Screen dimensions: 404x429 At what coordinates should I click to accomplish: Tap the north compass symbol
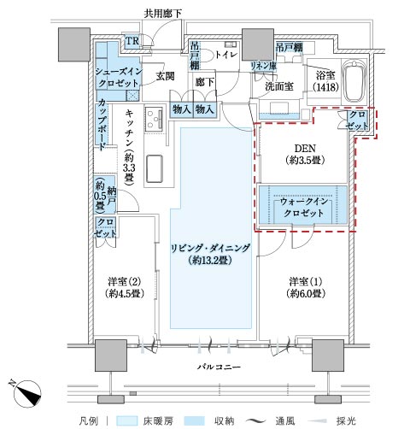26,394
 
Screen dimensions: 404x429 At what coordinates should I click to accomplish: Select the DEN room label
305,155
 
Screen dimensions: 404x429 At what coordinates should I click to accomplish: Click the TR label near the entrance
132,41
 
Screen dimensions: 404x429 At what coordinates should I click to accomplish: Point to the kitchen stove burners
154,119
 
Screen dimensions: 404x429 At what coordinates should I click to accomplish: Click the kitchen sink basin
155,168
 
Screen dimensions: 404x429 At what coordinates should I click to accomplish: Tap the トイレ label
225,54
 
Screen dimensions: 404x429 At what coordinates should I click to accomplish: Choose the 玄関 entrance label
165,76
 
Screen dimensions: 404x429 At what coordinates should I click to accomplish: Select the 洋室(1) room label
306,287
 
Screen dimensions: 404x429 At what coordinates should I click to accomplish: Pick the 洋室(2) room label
124,287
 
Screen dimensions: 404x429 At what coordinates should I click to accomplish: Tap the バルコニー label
220,367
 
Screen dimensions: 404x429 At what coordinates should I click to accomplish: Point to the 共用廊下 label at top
163,14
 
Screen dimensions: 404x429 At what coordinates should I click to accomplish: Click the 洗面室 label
279,86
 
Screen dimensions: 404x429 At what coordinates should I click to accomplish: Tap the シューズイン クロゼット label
118,77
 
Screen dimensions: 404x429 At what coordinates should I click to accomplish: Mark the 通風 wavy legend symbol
255,420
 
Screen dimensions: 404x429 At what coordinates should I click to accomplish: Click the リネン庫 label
263,66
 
